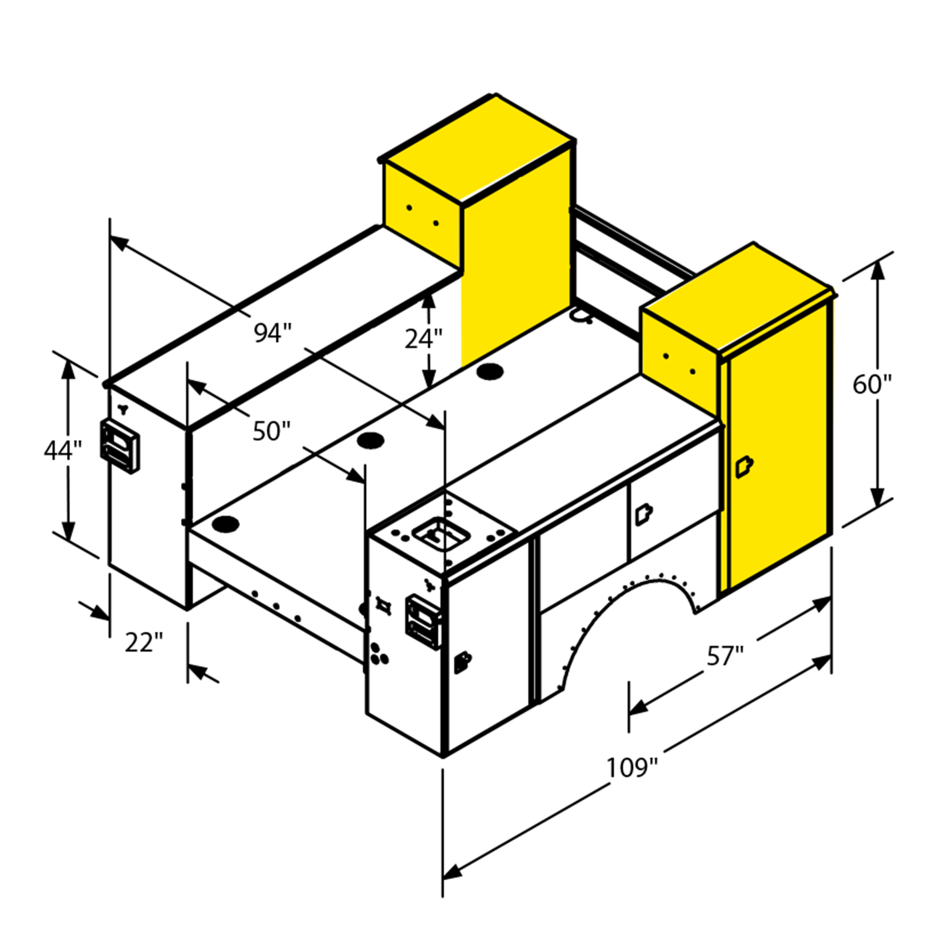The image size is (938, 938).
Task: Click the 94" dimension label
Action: point(272,333)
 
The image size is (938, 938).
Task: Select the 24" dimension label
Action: point(423,339)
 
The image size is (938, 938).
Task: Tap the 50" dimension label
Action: point(271,431)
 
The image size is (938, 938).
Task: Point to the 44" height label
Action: point(63,450)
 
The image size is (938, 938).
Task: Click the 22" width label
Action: point(143,642)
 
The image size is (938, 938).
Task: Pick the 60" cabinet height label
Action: point(872,384)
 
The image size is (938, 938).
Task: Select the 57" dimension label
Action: point(725,656)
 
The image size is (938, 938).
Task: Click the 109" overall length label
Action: point(632,767)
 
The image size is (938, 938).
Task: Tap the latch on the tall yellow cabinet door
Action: point(744,467)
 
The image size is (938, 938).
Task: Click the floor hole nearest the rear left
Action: point(226,524)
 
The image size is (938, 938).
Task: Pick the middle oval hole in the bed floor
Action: point(370,441)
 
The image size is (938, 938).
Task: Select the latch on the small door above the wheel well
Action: point(643,514)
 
